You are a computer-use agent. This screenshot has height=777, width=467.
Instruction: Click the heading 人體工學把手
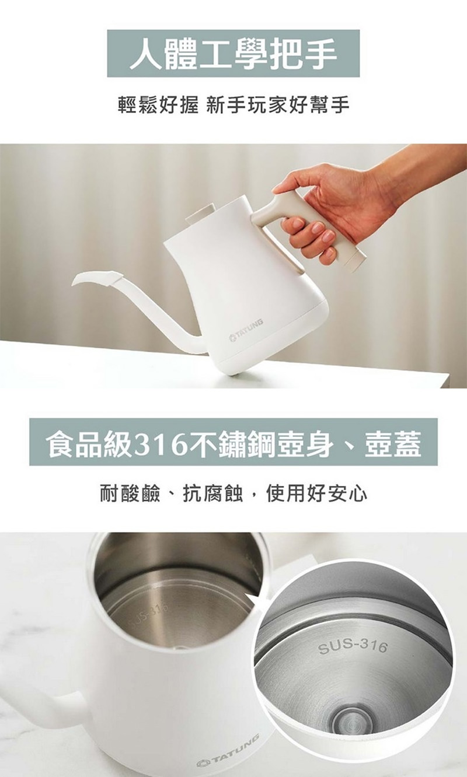(x=233, y=54)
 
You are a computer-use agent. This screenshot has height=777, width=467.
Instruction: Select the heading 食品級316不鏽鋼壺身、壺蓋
(x=233, y=442)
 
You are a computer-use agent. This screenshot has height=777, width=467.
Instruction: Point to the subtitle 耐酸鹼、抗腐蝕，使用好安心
(x=233, y=494)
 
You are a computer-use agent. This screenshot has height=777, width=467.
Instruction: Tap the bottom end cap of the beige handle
(x=354, y=261)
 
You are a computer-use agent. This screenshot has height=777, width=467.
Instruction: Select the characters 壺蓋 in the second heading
(x=393, y=443)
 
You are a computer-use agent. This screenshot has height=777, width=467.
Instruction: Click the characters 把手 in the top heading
(x=304, y=54)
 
